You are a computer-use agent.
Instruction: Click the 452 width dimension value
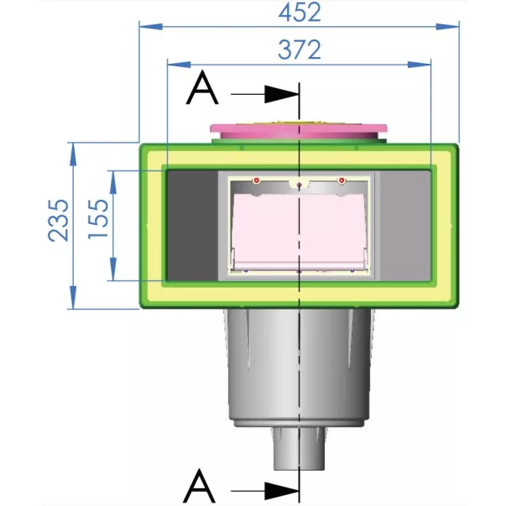(x=300, y=13)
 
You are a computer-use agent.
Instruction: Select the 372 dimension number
(x=300, y=50)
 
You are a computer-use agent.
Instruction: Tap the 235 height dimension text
(x=59, y=221)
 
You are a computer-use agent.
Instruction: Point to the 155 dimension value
(x=98, y=219)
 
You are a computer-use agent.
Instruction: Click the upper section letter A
(x=202, y=87)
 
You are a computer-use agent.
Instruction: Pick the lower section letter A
(x=199, y=486)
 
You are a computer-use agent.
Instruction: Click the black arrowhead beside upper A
(x=281, y=94)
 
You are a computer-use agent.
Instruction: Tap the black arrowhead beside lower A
(x=281, y=492)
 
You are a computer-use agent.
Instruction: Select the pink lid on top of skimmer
(x=299, y=128)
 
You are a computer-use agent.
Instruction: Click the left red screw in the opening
(x=256, y=180)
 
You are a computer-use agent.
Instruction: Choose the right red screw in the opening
(x=342, y=180)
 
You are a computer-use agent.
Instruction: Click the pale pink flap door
(x=299, y=231)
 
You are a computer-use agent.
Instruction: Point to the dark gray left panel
(x=193, y=226)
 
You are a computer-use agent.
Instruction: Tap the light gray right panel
(x=405, y=226)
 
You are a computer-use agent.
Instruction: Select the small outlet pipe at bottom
(x=299, y=449)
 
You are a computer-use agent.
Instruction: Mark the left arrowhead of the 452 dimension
(x=151, y=27)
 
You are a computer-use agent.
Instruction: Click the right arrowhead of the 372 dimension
(x=420, y=65)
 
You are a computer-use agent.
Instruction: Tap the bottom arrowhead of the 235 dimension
(x=74, y=297)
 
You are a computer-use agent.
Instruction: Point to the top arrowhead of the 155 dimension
(x=113, y=182)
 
